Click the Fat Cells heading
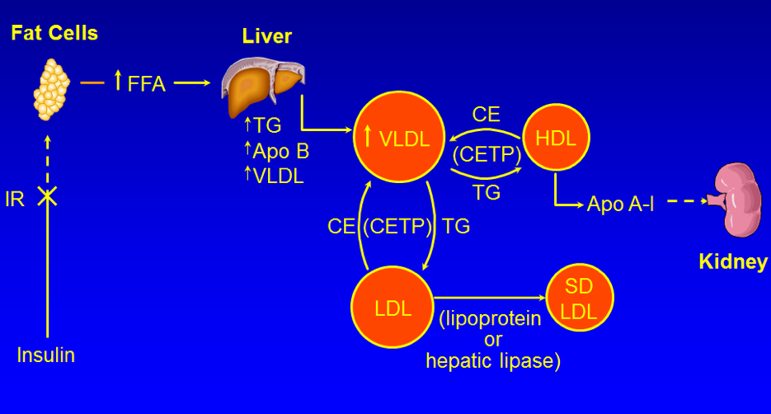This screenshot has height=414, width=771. pos(54,33)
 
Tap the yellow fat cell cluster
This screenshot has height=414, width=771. pos(51,89)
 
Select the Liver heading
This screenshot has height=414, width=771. pos(267,36)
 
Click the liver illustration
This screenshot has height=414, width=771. pos(263,87)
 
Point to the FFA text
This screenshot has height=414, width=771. pos(147,83)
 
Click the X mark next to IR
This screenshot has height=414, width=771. pos(47,196)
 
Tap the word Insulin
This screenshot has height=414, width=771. pos(45,355)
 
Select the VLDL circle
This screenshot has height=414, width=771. pos(399,137)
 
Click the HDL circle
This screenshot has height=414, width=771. pos(556,137)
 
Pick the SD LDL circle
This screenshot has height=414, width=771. pos(579,298)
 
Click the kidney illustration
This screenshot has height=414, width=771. pos(735,200)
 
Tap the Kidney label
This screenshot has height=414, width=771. pos(733,261)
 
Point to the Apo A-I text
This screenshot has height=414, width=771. pos(621,204)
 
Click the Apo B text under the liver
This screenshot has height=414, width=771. pos(280,151)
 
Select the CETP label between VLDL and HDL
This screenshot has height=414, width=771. pos(487,154)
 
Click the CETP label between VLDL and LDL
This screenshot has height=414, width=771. pos(397,226)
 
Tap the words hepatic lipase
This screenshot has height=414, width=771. pos(493,361)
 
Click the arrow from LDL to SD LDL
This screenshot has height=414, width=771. pos(490,298)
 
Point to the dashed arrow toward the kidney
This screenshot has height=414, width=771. pos(687,200)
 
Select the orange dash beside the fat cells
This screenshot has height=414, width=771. pos(92,82)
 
